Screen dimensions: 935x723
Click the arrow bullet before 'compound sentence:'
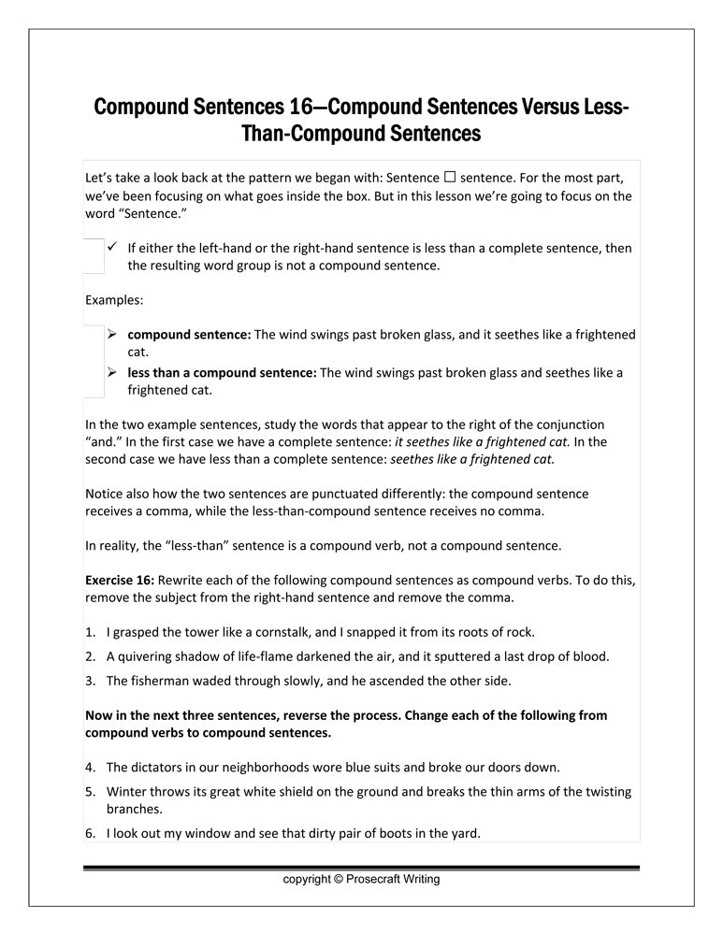pos(111,334)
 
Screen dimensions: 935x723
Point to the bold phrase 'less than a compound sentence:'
pos(222,372)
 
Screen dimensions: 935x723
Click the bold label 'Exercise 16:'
pos(120,580)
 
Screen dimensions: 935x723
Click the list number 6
pos(91,832)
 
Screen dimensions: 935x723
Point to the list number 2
pos(91,656)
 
